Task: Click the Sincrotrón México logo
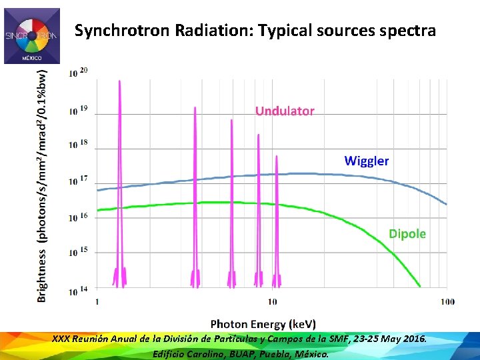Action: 31,36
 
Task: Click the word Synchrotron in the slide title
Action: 115,31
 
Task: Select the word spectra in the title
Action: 409,31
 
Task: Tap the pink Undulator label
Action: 285,111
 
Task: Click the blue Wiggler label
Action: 366,161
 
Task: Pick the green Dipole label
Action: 407,233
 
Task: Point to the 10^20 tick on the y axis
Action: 79,72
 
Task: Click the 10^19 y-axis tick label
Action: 79,109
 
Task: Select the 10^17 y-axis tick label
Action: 79,180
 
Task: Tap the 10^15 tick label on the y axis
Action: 79,251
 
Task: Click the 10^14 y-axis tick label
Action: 79,290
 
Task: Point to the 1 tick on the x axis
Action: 98,301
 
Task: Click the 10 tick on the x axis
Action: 272,301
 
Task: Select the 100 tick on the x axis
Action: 447,301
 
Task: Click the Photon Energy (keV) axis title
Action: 263,323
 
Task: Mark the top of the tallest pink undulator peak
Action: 119,81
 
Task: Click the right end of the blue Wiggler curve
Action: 446,204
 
